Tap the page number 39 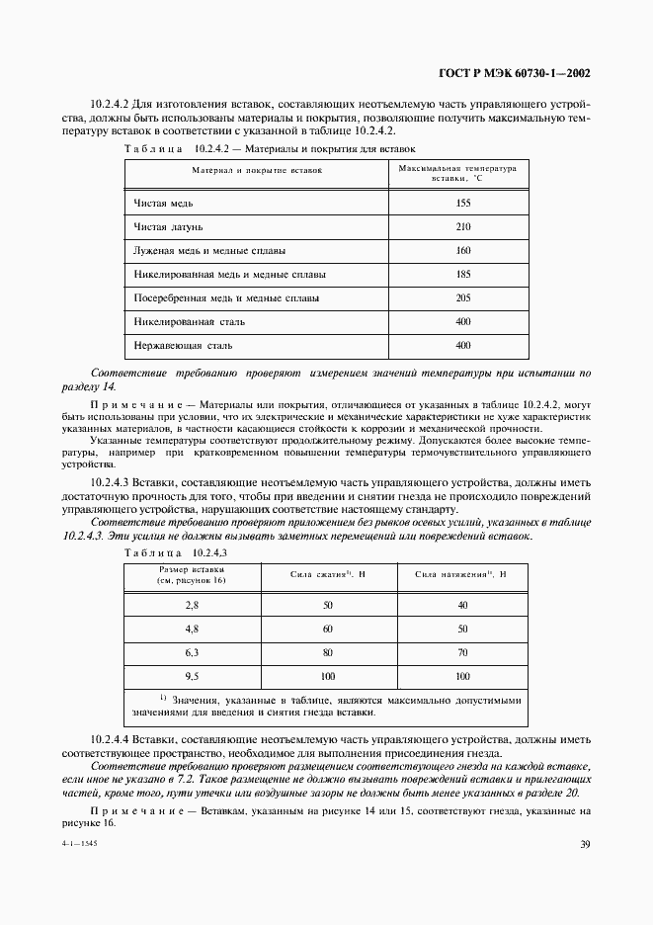point(585,843)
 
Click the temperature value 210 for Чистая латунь point(464,226)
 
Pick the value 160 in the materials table point(464,250)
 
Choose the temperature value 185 point(464,274)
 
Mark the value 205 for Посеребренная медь point(464,297)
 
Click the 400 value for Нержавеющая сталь point(464,345)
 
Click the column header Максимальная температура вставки point(457,172)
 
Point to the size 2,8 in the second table point(192,604)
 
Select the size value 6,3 point(192,652)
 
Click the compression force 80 point(328,652)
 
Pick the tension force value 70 point(461,652)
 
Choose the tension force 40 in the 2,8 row point(461,604)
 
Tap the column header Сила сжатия point(328,573)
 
